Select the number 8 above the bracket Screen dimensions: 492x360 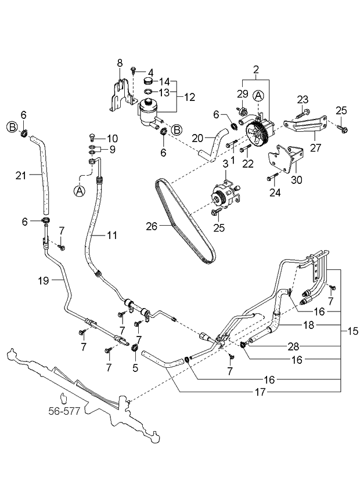click(120, 62)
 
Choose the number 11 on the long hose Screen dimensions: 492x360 click(112, 236)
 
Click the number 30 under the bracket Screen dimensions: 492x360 click(296, 180)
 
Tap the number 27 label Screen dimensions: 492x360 click(316, 147)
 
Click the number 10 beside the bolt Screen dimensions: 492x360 click(111, 138)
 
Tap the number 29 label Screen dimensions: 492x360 click(243, 93)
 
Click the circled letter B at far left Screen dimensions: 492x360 click(11, 126)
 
